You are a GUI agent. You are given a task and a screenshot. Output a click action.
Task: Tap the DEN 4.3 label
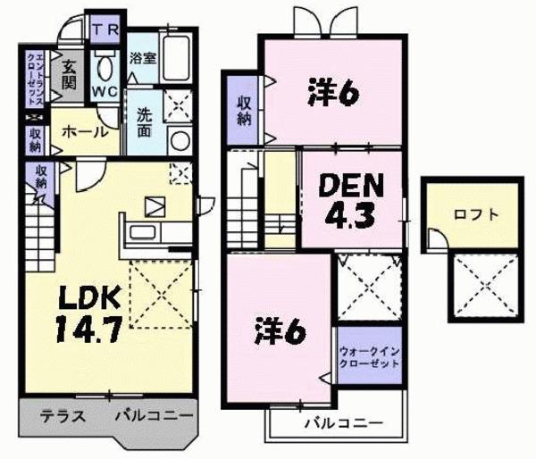351,200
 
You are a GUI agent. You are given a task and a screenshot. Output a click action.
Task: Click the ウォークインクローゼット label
369,357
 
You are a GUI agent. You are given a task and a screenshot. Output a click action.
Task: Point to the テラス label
62,416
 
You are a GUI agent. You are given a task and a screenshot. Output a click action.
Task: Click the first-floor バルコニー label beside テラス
153,416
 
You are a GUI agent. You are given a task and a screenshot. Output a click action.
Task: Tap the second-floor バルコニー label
342,422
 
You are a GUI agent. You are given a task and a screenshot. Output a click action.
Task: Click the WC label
105,90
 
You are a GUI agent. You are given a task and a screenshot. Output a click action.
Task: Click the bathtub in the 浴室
178,58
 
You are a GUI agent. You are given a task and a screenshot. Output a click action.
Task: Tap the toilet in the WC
105,64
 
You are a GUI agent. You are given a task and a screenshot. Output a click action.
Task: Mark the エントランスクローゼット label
31,79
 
